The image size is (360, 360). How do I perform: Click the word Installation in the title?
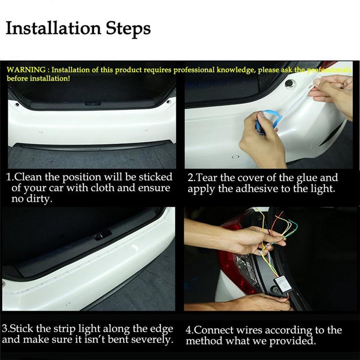tap(53, 29)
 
